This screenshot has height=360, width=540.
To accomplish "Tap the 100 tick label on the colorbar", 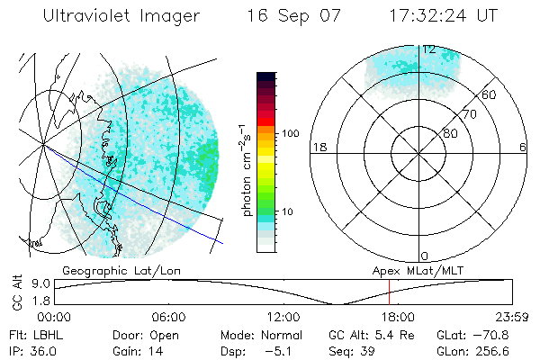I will [x=289, y=133].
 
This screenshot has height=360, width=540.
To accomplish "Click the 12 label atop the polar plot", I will [x=429, y=49].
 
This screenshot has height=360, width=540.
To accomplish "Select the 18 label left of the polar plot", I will [x=318, y=147].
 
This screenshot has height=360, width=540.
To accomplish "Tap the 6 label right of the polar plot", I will [x=523, y=147].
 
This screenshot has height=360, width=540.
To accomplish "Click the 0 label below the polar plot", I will [x=425, y=256].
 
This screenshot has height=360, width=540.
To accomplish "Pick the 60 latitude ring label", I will [x=490, y=94].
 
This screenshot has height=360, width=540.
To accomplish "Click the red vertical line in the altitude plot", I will [x=389, y=292].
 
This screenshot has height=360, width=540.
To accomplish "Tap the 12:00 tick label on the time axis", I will [x=283, y=317].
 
